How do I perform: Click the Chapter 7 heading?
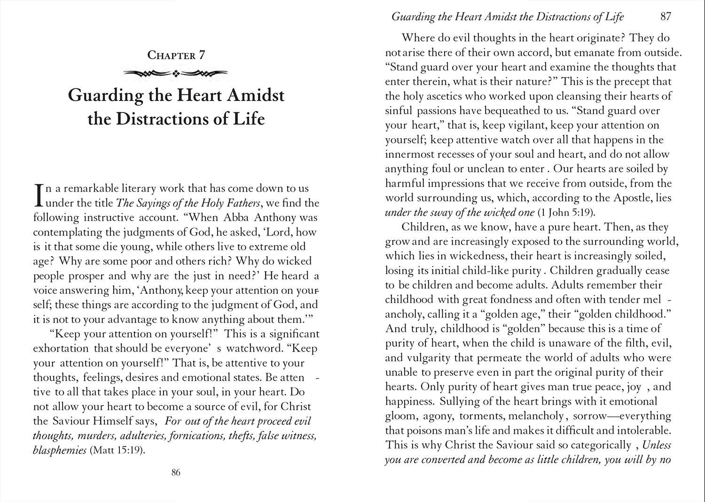(176, 55)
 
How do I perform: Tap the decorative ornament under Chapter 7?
(176, 73)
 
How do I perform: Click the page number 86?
(176, 472)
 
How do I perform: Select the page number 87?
(666, 16)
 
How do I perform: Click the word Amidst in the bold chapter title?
(256, 95)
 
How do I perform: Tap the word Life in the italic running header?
(614, 17)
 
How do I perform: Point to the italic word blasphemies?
(60, 450)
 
